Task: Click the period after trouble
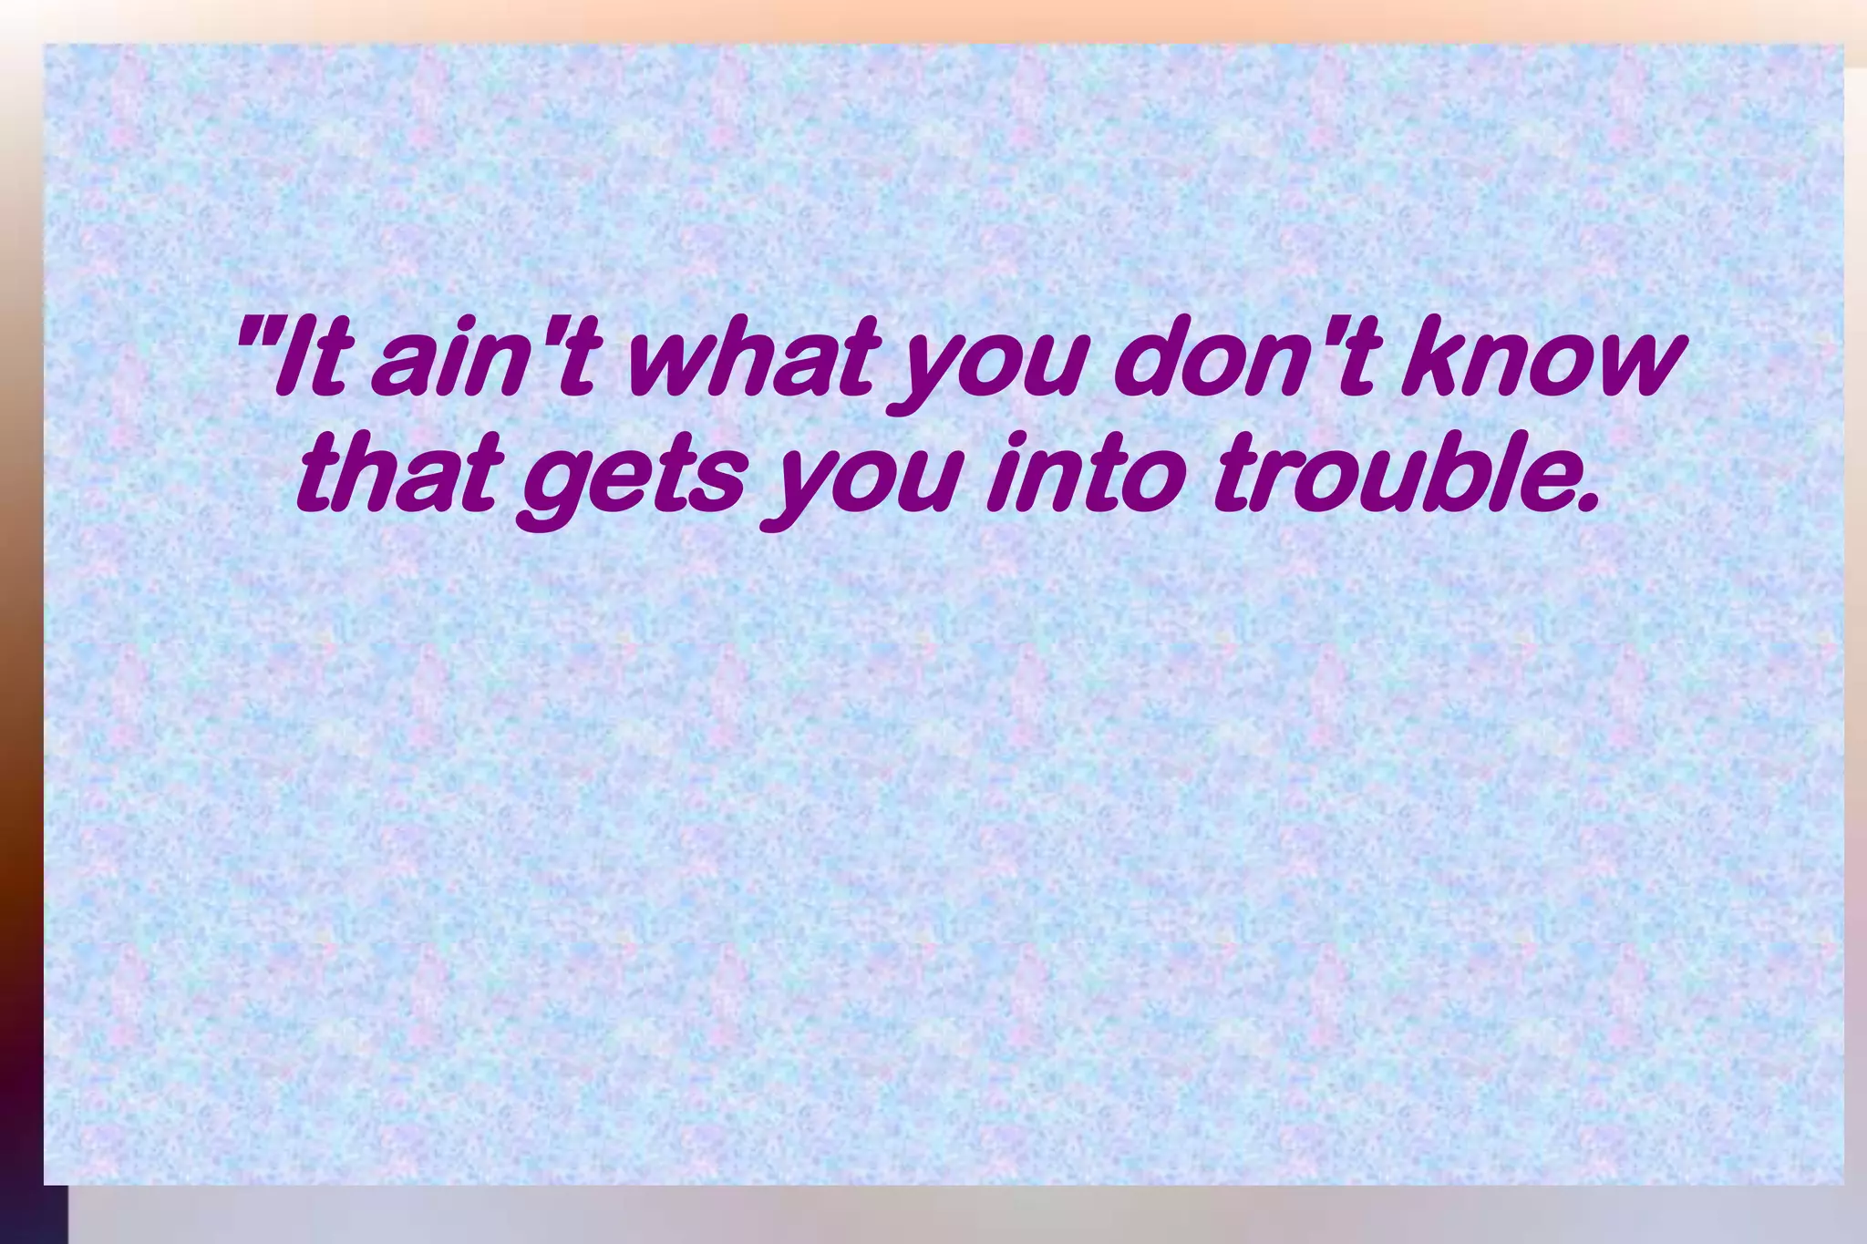point(1587,501)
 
